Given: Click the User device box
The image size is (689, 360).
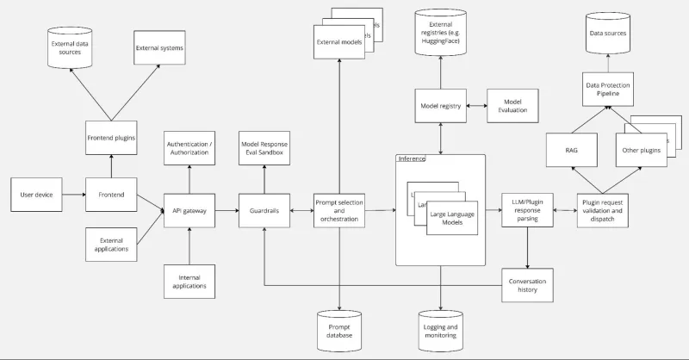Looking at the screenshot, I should point(36,195).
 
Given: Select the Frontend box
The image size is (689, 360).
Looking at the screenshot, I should point(111,195).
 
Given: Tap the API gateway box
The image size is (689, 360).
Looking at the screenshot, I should point(189,209).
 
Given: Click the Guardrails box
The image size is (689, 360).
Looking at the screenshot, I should point(264,209).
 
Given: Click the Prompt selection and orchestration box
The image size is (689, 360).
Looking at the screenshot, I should point(338,209).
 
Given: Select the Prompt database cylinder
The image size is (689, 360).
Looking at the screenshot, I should point(338,330).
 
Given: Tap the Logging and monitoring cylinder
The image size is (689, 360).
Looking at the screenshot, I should point(441,330).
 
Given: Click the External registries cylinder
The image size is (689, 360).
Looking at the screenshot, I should point(441,34).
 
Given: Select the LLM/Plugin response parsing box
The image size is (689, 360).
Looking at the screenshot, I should point(527,209).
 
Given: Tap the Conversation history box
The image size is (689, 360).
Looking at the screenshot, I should point(527,284).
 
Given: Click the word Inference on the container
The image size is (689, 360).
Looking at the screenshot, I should point(412,158).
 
